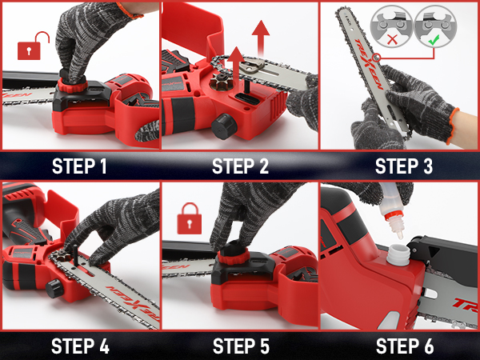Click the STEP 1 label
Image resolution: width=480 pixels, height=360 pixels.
[79, 166]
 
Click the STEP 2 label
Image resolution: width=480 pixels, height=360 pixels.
[239, 166]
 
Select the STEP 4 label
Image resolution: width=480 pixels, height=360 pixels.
[79, 346]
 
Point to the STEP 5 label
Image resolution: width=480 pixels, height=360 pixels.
[239, 346]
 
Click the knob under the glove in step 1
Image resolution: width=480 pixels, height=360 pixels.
[70, 82]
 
